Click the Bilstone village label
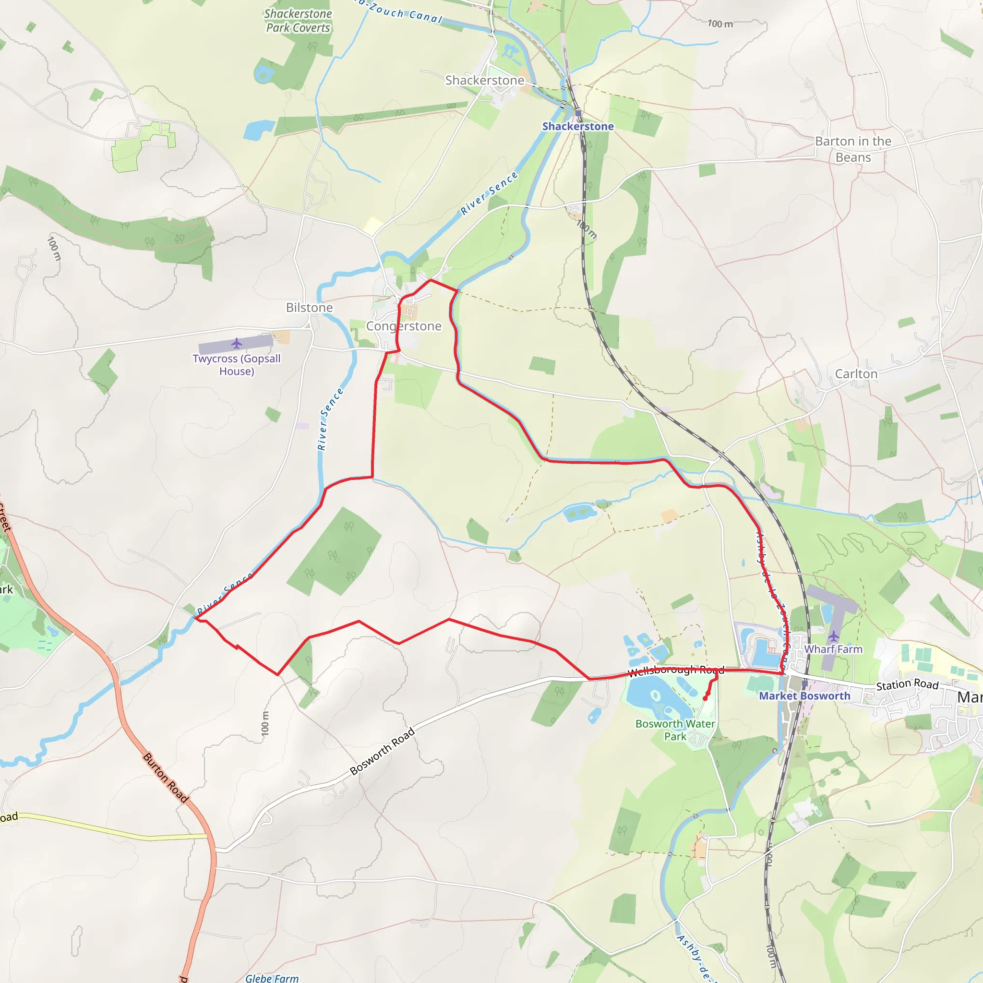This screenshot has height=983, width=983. tap(310, 308)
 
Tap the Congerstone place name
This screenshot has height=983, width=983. tap(404, 326)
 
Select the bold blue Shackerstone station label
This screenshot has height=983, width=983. tap(577, 126)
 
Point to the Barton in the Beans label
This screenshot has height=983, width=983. tap(853, 149)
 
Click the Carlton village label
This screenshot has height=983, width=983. tap(856, 374)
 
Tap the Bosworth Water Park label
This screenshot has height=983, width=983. tap(675, 730)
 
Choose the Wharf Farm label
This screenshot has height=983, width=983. tap(833, 649)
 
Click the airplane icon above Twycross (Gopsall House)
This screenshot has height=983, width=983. tap(237, 344)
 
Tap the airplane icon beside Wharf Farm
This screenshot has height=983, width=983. tap(834, 636)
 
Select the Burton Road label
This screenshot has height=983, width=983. tap(166, 778)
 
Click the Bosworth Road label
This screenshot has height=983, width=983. tap(382, 752)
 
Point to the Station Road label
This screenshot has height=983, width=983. tap(907, 684)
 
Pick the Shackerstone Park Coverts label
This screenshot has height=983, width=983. tap(298, 21)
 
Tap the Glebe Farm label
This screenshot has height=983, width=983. tap(272, 978)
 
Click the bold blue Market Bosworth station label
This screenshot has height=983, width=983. tap(804, 696)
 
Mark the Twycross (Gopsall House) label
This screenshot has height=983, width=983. tap(237, 365)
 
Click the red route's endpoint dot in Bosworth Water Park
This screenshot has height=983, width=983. tap(705, 698)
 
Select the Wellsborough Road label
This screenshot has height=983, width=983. tap(676, 671)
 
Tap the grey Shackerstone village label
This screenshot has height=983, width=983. tap(484, 80)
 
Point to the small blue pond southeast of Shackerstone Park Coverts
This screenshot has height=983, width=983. tap(259, 130)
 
